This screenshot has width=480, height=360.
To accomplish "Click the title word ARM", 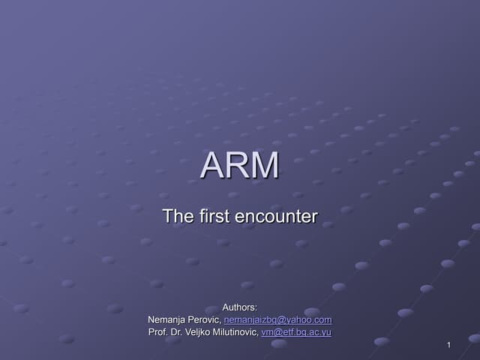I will pyautogui.click(x=240, y=166).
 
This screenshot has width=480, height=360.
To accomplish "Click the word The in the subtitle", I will pyautogui.click(x=178, y=217).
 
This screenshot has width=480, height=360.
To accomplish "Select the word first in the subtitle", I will pyautogui.click(x=214, y=217).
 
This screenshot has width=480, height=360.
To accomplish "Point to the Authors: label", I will pyautogui.click(x=240, y=307).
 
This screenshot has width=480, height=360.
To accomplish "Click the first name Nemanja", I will pyautogui.click(x=168, y=319).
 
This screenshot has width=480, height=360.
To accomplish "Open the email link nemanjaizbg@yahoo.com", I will pyautogui.click(x=277, y=319).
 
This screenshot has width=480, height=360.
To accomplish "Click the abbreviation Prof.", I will pyautogui.click(x=157, y=332).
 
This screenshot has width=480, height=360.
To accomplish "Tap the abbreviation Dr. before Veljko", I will pyautogui.click(x=176, y=332).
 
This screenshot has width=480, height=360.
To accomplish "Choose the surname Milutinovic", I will pyautogui.click(x=235, y=332).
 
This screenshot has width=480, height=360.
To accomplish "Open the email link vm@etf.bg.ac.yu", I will pyautogui.click(x=296, y=332).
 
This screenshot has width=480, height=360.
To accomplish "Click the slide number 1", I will pyautogui.click(x=448, y=345).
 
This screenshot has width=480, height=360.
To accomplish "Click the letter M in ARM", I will pyautogui.click(x=265, y=166).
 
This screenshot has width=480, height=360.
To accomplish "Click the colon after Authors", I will pyautogui.click(x=256, y=307).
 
